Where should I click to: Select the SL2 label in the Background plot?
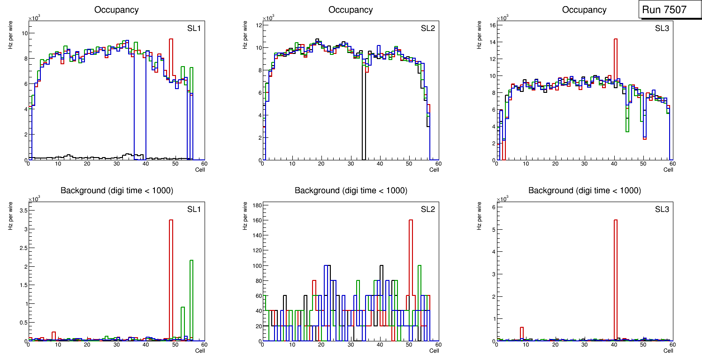pyautogui.click(x=428, y=209)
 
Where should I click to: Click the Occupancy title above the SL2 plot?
pyautogui.click(x=351, y=10)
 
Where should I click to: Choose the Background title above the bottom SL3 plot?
pyautogui.click(x=584, y=190)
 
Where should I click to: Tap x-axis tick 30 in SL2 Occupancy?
pyautogui.click(x=351, y=164)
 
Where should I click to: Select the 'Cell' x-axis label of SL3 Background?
pyautogui.click(x=668, y=350)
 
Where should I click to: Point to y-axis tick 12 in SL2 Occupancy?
pyautogui.click(x=258, y=25)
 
